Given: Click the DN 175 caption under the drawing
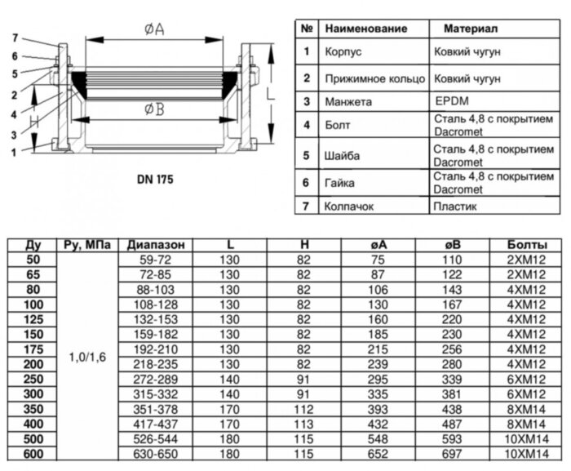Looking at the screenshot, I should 154,177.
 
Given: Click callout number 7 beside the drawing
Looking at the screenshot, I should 15,38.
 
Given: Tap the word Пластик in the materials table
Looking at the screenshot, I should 455,207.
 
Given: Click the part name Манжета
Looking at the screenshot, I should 348,103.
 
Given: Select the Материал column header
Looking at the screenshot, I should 471,29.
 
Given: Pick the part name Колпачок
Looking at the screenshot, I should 350,207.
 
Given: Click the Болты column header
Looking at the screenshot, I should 521,245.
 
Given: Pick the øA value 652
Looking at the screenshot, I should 380,454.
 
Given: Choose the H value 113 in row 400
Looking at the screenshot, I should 303,424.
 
